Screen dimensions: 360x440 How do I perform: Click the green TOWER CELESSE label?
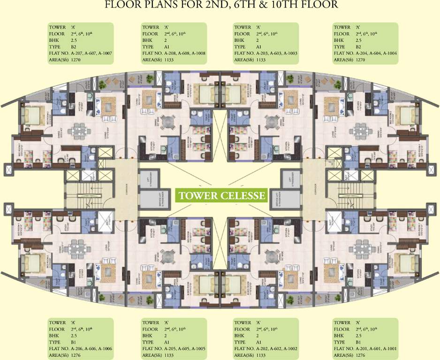pos(220,195)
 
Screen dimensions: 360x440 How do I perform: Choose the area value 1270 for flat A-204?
pos(360,60)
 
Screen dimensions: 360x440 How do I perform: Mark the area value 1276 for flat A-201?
pos(360,355)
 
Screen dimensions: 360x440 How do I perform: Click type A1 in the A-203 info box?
pos(258,47)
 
